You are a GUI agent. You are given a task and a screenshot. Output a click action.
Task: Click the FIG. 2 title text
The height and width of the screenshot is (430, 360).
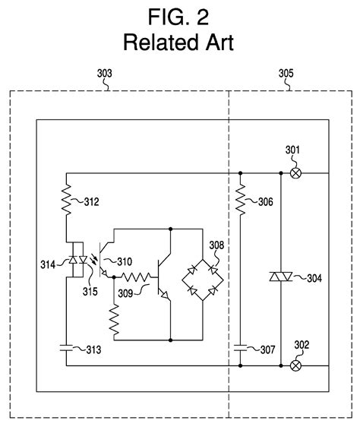click(180, 15)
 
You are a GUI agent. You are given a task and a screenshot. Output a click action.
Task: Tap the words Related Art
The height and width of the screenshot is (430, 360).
click(180, 40)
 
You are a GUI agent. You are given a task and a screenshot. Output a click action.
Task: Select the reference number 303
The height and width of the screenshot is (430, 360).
click(105, 74)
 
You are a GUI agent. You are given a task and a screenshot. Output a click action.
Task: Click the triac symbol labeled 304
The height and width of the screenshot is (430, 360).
click(281, 278)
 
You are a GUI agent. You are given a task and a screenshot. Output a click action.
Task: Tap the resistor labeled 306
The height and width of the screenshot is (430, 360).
click(239, 201)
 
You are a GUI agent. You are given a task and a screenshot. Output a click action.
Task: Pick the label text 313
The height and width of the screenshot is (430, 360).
click(91, 349)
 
